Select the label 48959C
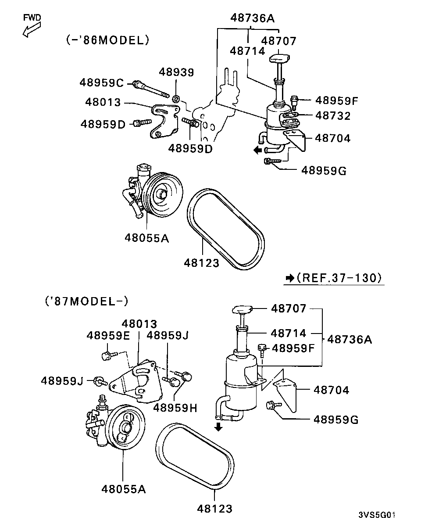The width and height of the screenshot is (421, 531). pos(102,82)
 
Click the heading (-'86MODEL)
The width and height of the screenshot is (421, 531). pos(108,40)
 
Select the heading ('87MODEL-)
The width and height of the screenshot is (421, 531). pos(86,301)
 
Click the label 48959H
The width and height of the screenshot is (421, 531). pos(175,407)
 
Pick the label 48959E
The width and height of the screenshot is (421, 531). pos(108,336)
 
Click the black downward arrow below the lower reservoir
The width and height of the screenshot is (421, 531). pos(218,427)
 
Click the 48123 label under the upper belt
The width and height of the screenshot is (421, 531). pos(201,263)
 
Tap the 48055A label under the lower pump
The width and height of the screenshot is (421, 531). pos(123,488)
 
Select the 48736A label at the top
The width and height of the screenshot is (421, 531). pos(252,18)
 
